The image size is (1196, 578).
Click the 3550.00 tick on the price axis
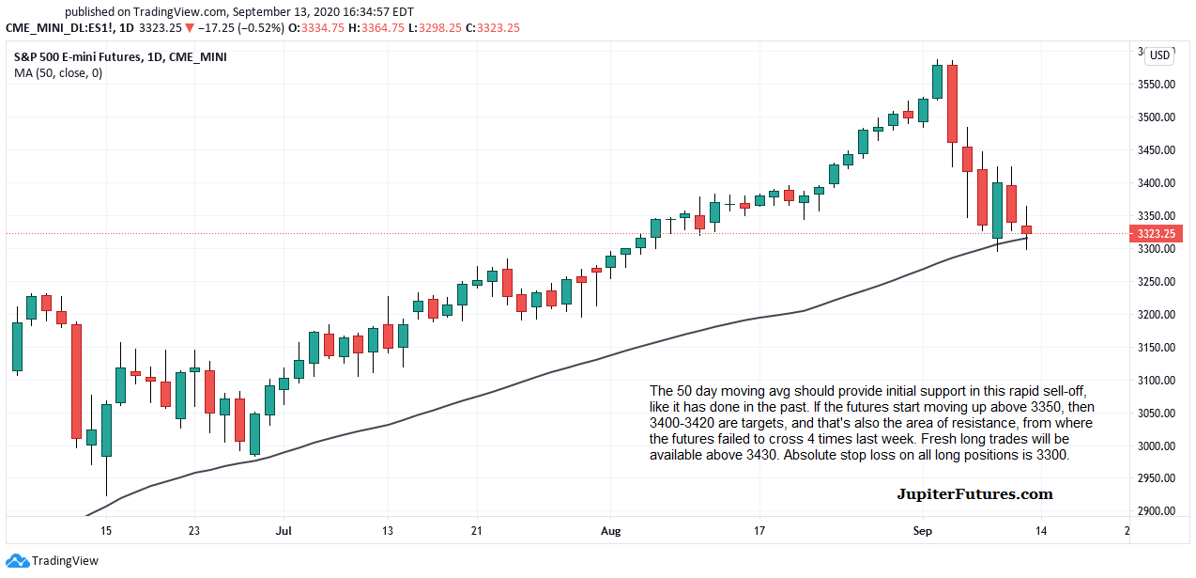1157,85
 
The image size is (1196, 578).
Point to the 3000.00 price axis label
1157,446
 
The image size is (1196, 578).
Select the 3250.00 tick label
1157,282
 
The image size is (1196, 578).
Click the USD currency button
1160,55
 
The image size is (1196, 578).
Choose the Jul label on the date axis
283,531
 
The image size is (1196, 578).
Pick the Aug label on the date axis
611,531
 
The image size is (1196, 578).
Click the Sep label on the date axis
923,531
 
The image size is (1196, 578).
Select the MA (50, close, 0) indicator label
58,73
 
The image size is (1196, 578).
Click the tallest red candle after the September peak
952,103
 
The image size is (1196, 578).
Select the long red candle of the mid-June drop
76,381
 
